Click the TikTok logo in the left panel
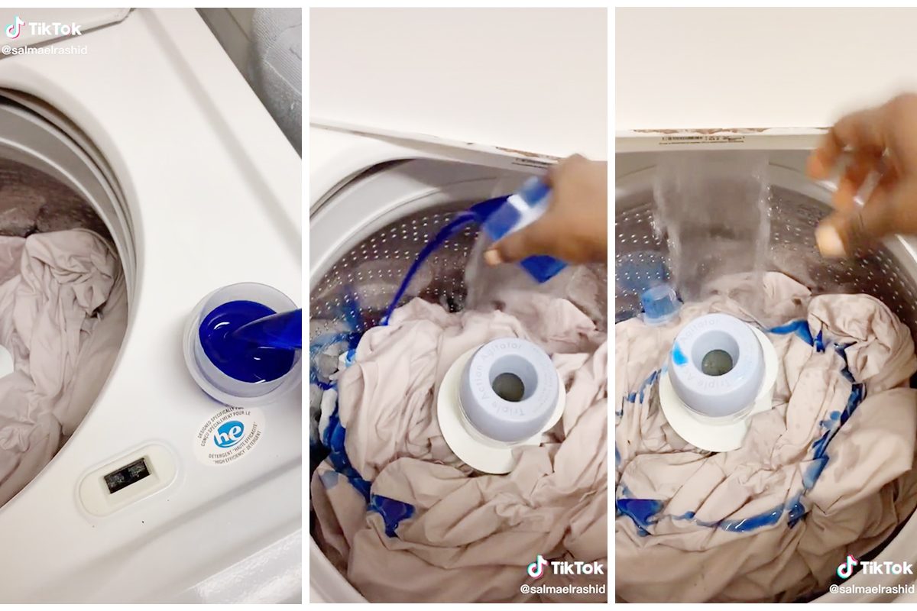(x=44, y=28)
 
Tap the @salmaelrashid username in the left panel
(x=44, y=50)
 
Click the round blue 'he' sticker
(x=228, y=435)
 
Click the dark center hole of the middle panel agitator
(x=508, y=386)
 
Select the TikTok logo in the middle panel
(x=565, y=567)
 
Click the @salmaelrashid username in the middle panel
(x=562, y=589)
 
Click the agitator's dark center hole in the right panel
(x=717, y=362)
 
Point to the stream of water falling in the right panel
(x=711, y=229)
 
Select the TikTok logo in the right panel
(x=875, y=567)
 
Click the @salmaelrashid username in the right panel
(x=871, y=589)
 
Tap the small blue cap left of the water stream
(x=659, y=302)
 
